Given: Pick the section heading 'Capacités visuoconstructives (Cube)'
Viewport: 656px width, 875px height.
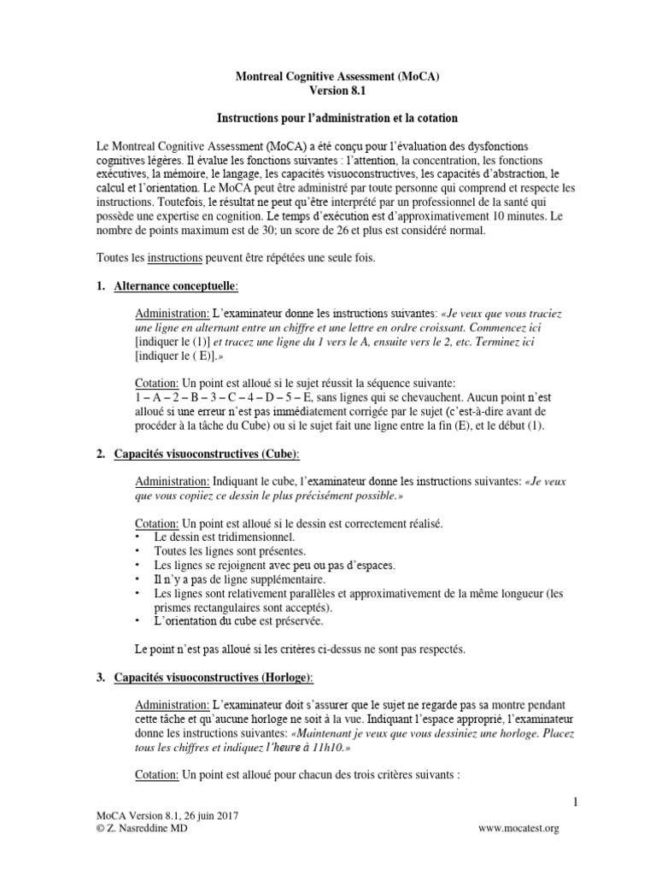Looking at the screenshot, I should pos(207,452).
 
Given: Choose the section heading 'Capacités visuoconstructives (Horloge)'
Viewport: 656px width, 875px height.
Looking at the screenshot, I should pos(214,678).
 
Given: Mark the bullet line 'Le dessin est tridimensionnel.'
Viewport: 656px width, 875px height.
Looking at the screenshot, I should pos(224,537).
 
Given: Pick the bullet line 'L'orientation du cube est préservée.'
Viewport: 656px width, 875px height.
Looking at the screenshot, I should pos(237,622).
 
